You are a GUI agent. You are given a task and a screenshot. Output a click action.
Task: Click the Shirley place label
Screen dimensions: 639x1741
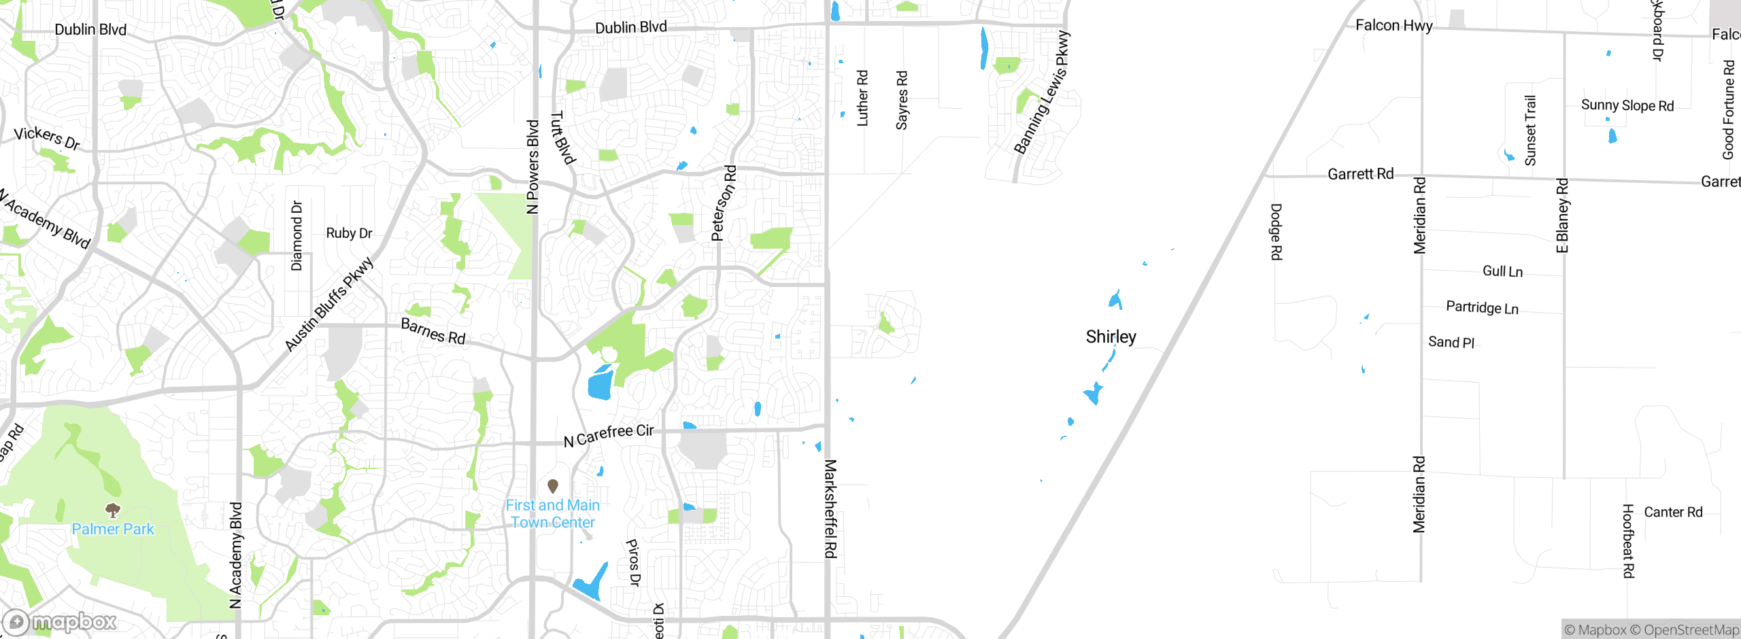1111,336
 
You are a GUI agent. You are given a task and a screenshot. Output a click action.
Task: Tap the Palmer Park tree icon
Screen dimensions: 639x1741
113,510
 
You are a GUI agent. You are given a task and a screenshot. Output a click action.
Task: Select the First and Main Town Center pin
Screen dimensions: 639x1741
553,486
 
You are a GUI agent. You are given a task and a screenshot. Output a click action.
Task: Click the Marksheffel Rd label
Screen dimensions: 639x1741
830,508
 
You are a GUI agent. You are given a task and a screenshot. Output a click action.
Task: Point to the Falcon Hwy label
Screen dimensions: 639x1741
1393,26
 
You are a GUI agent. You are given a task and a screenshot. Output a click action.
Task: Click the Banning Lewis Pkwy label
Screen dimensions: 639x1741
1041,92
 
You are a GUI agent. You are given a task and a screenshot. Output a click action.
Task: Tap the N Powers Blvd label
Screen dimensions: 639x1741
533,167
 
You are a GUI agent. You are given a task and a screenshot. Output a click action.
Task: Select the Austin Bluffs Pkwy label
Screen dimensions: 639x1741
329,304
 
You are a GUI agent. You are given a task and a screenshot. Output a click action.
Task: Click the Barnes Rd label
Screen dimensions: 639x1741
433,331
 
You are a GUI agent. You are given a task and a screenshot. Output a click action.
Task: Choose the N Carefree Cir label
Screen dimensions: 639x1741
609,435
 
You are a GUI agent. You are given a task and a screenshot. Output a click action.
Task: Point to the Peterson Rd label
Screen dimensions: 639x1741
724,203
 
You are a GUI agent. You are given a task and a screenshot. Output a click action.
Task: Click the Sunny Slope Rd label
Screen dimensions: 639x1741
1627,105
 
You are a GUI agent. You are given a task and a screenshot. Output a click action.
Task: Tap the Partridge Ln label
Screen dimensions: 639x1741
1482,307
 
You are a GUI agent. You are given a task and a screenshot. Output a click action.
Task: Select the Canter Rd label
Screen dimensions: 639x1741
1673,512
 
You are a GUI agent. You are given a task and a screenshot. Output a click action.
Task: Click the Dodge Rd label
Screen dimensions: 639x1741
1277,232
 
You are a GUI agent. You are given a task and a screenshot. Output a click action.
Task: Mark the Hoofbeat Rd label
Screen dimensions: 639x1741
1628,541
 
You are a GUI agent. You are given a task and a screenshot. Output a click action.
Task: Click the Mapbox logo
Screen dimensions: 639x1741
60,621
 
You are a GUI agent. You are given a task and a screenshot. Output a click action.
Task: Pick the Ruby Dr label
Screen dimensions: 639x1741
349,233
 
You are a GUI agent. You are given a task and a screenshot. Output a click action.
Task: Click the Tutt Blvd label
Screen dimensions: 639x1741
562,138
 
